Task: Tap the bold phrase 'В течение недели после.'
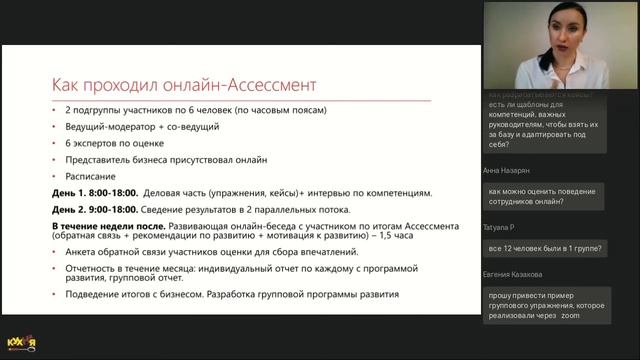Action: pos(108,226)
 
